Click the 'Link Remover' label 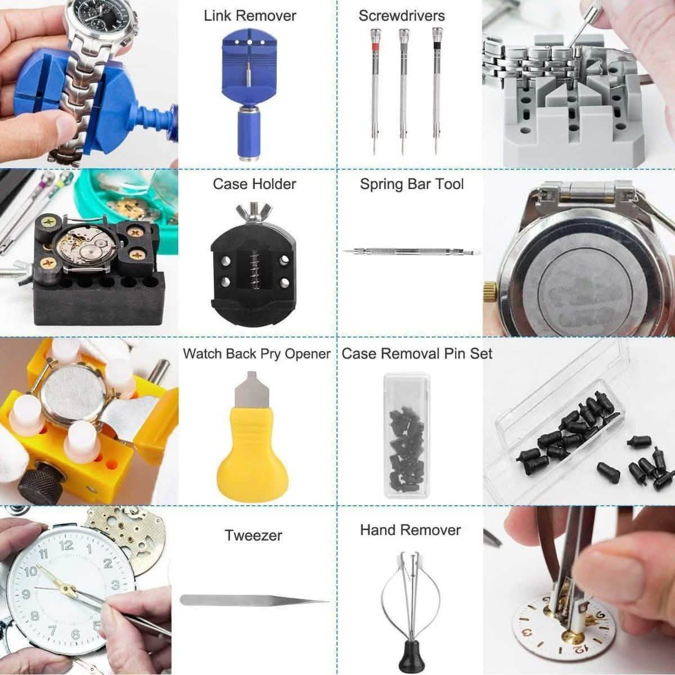coord(250,16)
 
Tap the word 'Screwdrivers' coord(402,16)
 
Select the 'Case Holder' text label coord(254,184)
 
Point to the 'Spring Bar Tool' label coord(412,184)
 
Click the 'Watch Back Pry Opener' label coord(256,354)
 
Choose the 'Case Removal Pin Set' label coord(417,354)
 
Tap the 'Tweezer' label coord(253,535)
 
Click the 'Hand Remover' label coord(410,530)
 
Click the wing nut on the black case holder coord(254,212)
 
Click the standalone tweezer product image coord(253,601)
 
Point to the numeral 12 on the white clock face coord(66,545)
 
